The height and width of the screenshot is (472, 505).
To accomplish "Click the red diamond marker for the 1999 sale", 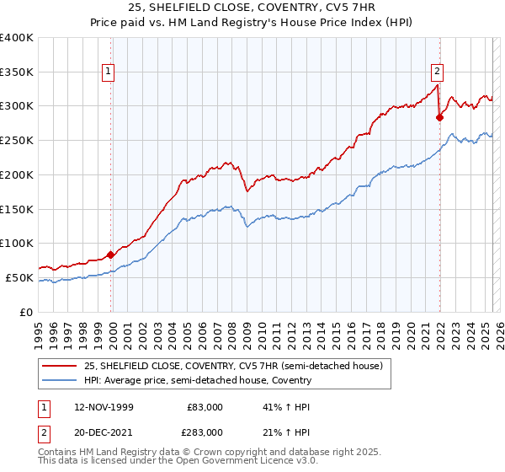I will (111, 255).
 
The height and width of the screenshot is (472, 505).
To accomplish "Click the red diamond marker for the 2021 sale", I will (439, 118).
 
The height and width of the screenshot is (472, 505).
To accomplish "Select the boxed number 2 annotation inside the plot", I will (438, 72).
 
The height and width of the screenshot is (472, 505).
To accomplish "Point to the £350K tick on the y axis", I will (17, 72).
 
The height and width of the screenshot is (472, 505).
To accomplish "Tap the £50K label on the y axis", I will (19, 277).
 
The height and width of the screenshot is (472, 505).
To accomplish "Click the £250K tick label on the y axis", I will (17, 141).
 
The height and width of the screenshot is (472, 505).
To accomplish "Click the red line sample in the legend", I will (60, 366).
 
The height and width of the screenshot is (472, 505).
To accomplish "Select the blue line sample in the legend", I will (60, 380).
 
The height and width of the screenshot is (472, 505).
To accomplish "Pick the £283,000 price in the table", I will (205, 432).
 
